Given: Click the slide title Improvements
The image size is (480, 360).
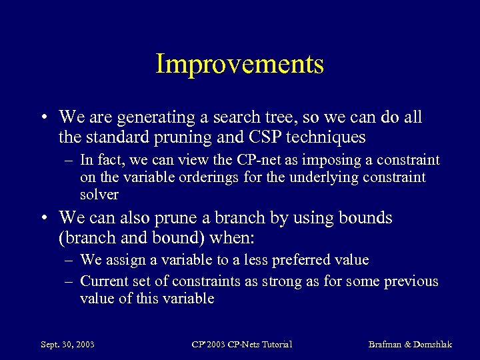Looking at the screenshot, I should pyautogui.click(x=239, y=64).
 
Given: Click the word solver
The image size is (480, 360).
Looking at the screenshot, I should pyautogui.click(x=99, y=195).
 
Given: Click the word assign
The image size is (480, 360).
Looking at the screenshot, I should pyautogui.click(x=123, y=260).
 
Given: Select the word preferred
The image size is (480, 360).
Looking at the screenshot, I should pyautogui.click(x=307, y=260).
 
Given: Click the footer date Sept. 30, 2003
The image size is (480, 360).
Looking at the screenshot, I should pyautogui.click(x=67, y=345).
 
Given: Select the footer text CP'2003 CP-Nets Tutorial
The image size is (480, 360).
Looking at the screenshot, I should pyautogui.click(x=242, y=345).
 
